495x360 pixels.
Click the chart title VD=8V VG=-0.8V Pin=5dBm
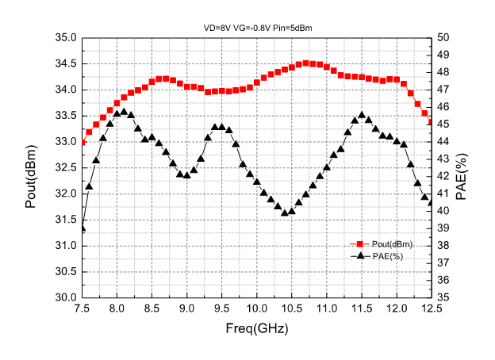click(256, 28)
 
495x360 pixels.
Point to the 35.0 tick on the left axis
click(64, 38)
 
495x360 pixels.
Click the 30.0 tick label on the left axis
click(64, 297)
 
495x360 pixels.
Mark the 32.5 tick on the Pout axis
click(64, 167)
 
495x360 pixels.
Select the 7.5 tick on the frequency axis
click(82, 308)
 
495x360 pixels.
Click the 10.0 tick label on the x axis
click(256, 308)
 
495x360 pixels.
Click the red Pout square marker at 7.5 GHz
click(82, 142)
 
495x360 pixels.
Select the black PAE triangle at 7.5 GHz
click(82, 228)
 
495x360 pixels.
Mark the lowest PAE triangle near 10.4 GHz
click(285, 213)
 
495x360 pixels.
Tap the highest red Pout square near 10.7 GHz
click(305, 63)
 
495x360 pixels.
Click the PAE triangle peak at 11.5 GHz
click(362, 115)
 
